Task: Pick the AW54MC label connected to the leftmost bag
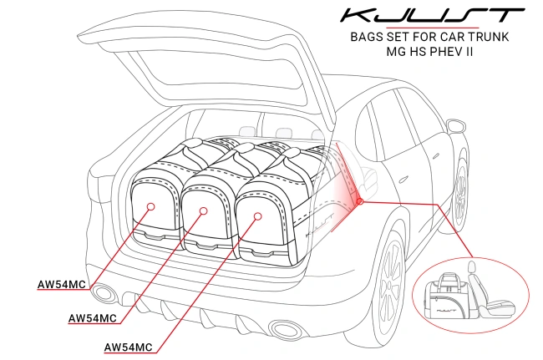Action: [62, 284]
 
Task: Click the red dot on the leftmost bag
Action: [151, 205]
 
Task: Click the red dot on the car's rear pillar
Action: [359, 200]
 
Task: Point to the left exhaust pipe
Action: [104, 293]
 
